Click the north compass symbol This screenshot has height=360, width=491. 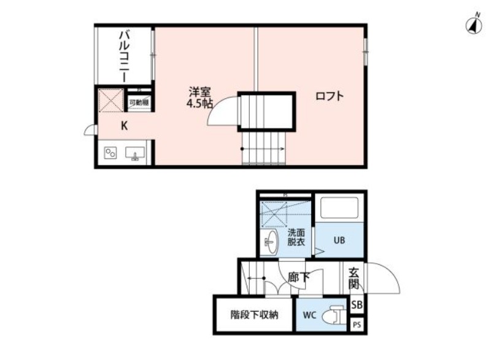473,25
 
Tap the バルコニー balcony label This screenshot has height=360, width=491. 123,56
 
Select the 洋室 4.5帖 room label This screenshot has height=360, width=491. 200,98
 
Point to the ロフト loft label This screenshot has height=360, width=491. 329,96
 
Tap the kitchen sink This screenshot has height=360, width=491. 134,153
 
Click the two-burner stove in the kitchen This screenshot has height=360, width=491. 110,153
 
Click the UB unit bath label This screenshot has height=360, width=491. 339,240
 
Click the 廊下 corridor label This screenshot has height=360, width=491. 299,277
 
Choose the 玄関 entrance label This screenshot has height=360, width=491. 354,277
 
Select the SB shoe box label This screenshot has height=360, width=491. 357,305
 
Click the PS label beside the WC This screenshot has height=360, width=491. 357,324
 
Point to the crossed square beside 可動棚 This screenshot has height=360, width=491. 111,101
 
